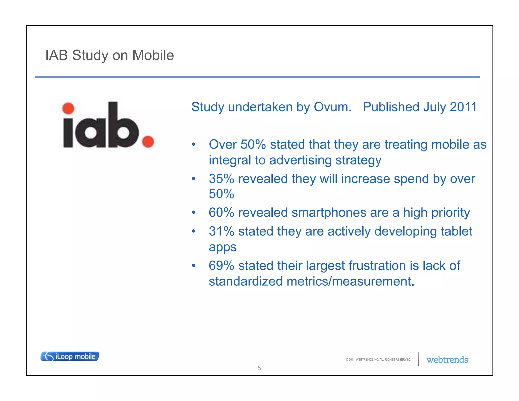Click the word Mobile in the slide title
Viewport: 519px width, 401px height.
[x=153, y=55]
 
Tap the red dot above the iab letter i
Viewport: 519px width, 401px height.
[x=68, y=108]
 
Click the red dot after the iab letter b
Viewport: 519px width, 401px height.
[x=148, y=141]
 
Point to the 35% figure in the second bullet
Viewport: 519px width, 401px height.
[x=221, y=179]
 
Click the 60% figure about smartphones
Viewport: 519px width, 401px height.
[x=221, y=212]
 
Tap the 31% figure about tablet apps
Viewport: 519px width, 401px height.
[x=221, y=231]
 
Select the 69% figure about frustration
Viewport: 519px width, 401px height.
[x=221, y=266]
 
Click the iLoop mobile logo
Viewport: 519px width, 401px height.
[x=70, y=356]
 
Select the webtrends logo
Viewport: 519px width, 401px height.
[x=447, y=360]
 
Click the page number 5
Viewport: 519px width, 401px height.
[x=259, y=368]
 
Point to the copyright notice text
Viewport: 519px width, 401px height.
[x=378, y=360]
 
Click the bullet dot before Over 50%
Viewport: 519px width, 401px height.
[x=194, y=144]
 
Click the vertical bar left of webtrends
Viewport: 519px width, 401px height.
[x=419, y=359]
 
